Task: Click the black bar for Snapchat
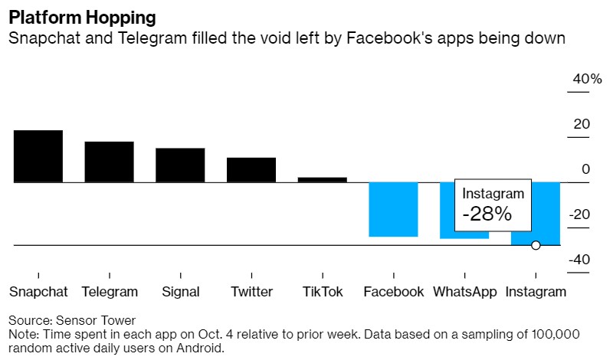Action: click(x=38, y=156)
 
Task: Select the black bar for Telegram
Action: click(x=109, y=162)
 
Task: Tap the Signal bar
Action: click(x=180, y=165)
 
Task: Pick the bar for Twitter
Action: click(x=251, y=169)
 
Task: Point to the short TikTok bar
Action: click(x=322, y=180)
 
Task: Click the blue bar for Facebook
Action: click(x=393, y=209)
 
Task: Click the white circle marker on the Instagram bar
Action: click(x=536, y=245)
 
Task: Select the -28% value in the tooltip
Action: click(x=487, y=214)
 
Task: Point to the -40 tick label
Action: click(x=579, y=260)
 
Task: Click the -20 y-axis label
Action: click(x=579, y=214)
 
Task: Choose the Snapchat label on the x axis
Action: click(x=38, y=292)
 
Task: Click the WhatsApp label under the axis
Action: click(x=464, y=292)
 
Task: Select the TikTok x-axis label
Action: click(x=322, y=292)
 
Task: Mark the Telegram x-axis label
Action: click(x=110, y=292)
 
